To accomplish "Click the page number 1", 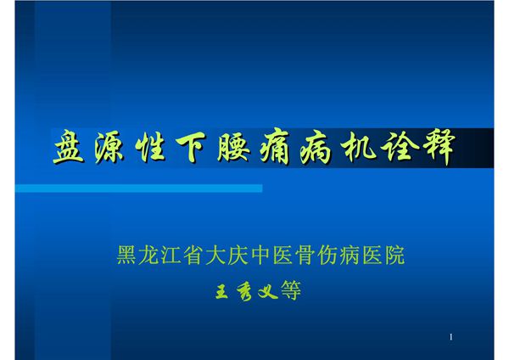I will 451,337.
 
